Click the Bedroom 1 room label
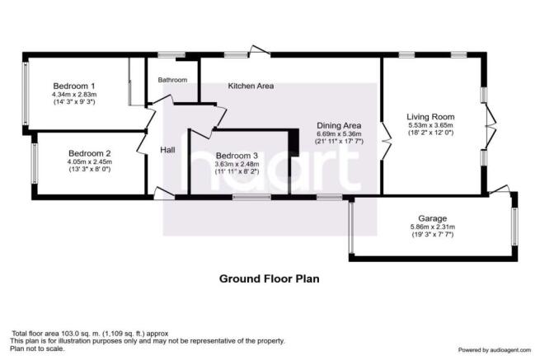click(x=74, y=86)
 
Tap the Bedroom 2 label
click(x=90, y=153)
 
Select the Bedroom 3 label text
click(x=237, y=156)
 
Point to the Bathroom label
click(x=172, y=80)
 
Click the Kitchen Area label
click(x=251, y=86)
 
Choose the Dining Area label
click(x=339, y=125)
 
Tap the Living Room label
click(x=430, y=117)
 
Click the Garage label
click(x=433, y=218)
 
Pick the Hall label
click(x=167, y=150)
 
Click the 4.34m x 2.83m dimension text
click(x=74, y=94)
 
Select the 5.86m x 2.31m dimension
click(x=433, y=227)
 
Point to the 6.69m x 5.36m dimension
click(x=339, y=134)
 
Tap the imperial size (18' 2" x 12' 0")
click(x=430, y=133)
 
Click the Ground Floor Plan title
click(x=270, y=278)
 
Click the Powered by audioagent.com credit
click(x=495, y=350)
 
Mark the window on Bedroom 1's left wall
click(x=25, y=94)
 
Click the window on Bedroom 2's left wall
click(x=35, y=163)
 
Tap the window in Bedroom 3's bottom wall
click(x=251, y=197)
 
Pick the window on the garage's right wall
click(x=514, y=227)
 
